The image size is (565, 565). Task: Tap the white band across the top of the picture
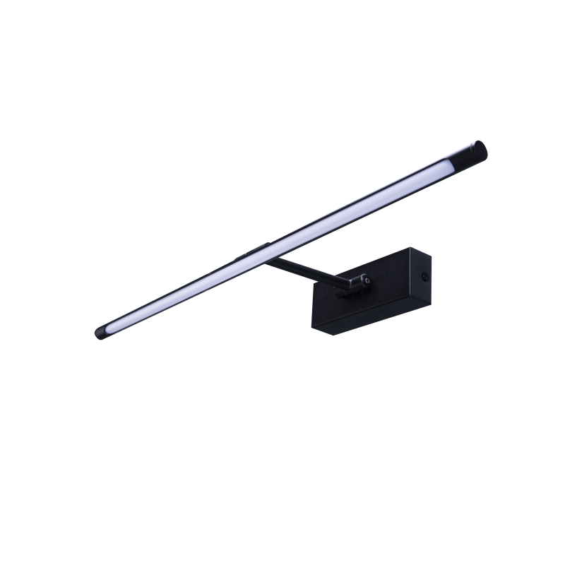click(282, 46)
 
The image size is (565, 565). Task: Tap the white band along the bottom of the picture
click(282, 519)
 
